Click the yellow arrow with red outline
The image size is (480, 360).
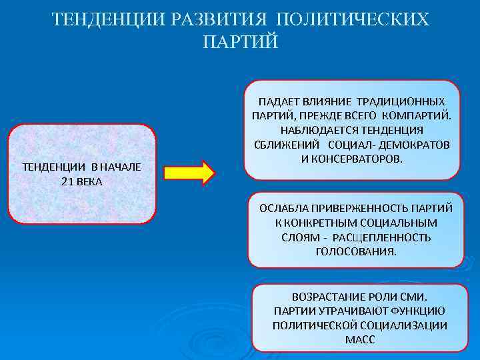pyautogui.click(x=189, y=173)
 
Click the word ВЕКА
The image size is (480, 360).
pyautogui.click(x=89, y=181)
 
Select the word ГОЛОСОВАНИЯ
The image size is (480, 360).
pyautogui.click(x=355, y=252)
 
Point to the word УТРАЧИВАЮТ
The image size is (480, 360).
pyautogui.click(x=359, y=311)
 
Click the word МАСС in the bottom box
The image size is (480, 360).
pyautogui.click(x=360, y=340)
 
